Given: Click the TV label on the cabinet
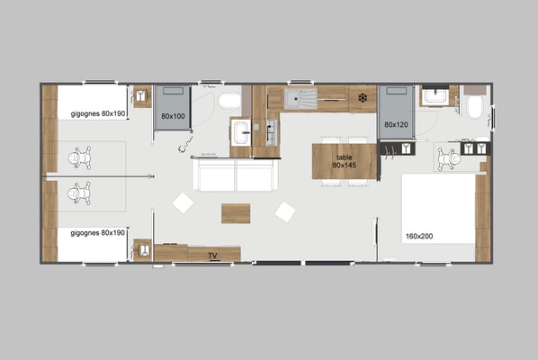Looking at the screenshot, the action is (212, 256).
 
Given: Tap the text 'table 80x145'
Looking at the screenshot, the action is (345, 161).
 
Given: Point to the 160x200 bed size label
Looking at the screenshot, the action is (419, 236).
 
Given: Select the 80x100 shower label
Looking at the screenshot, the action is (173, 116).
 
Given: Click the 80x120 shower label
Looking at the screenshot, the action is (396, 125).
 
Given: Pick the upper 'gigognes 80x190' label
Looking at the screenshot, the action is (98, 113).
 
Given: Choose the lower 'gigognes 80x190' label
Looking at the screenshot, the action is (98, 233).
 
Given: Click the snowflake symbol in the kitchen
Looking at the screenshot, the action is (363, 98).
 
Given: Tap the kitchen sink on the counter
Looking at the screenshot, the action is (300, 98).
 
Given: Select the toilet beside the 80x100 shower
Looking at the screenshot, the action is (229, 101).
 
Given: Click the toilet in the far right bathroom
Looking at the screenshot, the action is (475, 106).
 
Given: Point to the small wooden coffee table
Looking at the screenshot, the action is (236, 213).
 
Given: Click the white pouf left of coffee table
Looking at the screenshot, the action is (183, 203).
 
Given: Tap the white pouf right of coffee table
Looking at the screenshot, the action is (285, 211).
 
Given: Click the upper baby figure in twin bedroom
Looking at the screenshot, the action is (79, 157).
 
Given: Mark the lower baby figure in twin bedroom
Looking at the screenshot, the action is (79, 193).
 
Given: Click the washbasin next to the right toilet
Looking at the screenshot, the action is (435, 97).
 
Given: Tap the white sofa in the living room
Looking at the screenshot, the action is (236, 175).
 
